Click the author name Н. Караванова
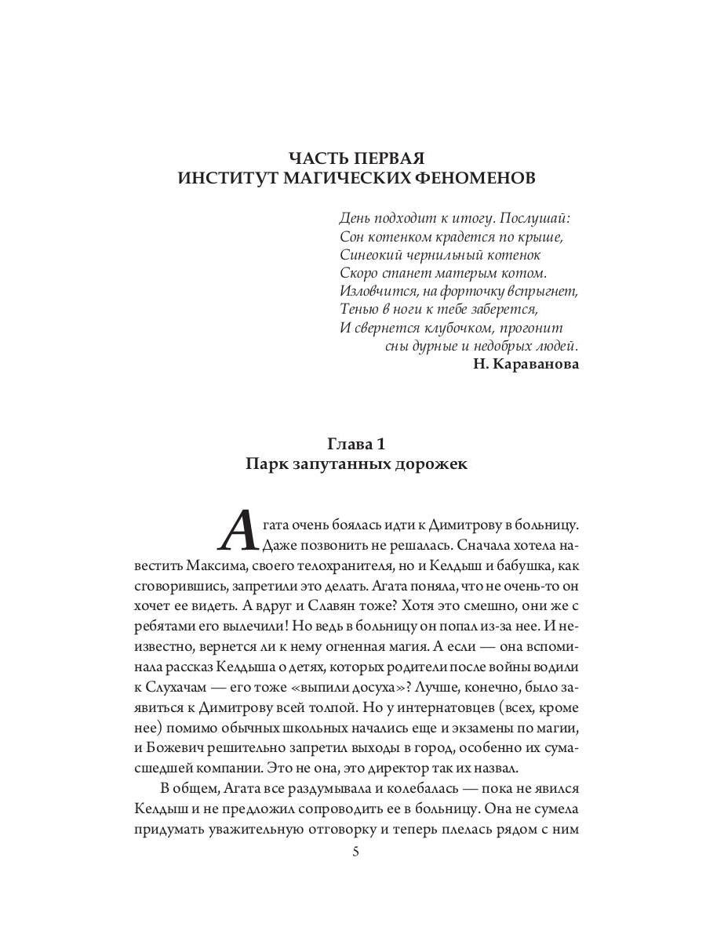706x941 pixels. click(527, 364)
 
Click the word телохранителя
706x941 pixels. click(350, 564)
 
